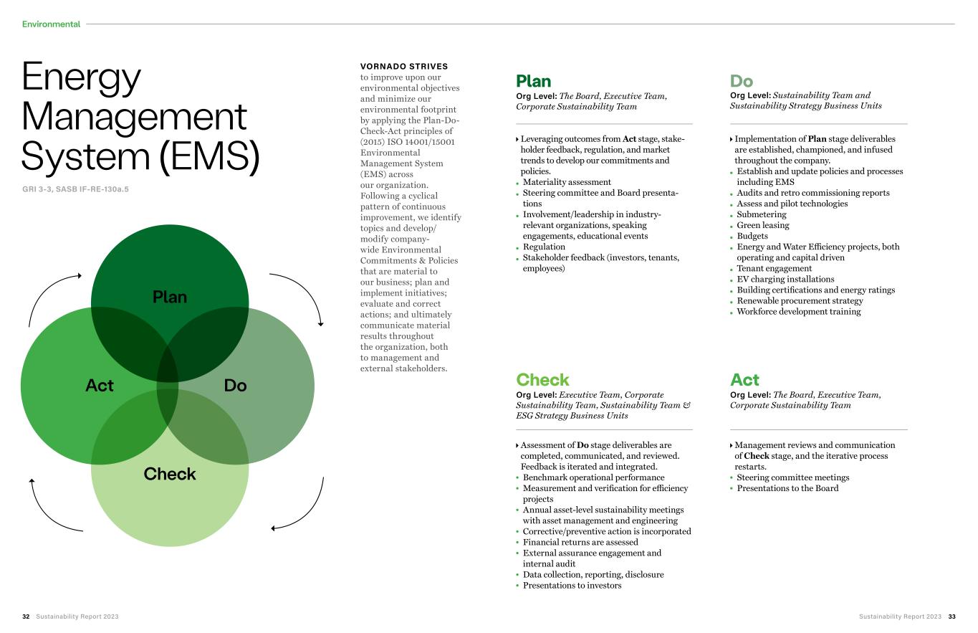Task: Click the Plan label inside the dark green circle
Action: (170, 297)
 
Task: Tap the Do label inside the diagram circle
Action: (235, 386)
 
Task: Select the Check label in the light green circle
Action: (170, 474)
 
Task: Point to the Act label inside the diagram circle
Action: (100, 386)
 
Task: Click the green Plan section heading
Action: (534, 81)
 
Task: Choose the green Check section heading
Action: (542, 380)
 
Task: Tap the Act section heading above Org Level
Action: (744, 380)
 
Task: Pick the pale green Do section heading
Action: (742, 81)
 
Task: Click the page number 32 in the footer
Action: (26, 617)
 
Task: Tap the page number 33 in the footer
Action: (951, 617)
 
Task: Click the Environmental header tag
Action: (51, 24)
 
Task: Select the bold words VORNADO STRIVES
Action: (404, 67)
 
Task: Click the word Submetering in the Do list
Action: (762, 214)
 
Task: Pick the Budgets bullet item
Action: (752, 236)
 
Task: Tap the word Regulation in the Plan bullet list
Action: (544, 247)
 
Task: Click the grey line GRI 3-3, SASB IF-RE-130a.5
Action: (76, 189)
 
